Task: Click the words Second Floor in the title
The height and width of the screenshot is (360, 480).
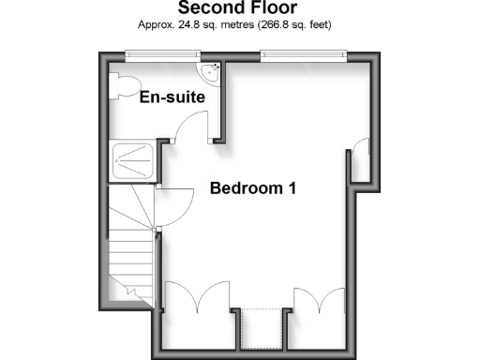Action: pyautogui.click(x=239, y=8)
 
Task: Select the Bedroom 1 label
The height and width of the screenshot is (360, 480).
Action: pyautogui.click(x=253, y=188)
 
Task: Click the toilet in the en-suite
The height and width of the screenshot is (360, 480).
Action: pyautogui.click(x=122, y=83)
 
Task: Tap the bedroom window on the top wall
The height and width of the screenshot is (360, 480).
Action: pyautogui.click(x=304, y=54)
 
